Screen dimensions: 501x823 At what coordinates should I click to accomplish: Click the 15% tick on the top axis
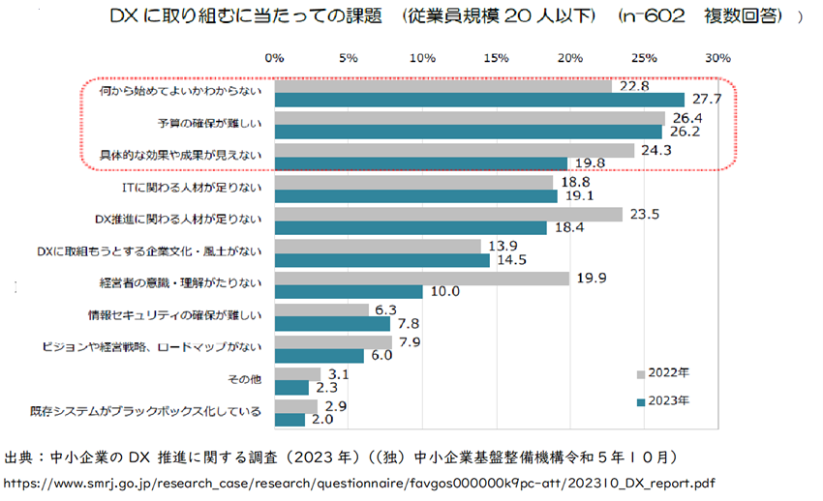tap(496, 59)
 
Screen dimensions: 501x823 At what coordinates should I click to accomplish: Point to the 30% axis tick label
tap(716, 59)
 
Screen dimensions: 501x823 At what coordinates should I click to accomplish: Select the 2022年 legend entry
tap(667, 371)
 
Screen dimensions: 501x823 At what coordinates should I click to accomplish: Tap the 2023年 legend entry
tap(667, 398)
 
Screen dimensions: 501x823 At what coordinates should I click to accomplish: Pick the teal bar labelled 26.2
tap(468, 132)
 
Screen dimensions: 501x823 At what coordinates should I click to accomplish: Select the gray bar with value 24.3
tap(454, 151)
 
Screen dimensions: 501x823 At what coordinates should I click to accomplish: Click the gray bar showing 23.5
tap(448, 215)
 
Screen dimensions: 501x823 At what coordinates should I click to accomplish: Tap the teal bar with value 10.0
tap(349, 291)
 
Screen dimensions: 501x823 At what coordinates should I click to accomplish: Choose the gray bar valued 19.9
tap(421, 279)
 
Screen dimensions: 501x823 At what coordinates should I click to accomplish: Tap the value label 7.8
tap(408, 323)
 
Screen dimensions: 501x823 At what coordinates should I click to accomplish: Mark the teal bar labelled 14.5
tap(381, 260)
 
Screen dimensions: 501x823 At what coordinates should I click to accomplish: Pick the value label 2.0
tap(322, 419)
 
